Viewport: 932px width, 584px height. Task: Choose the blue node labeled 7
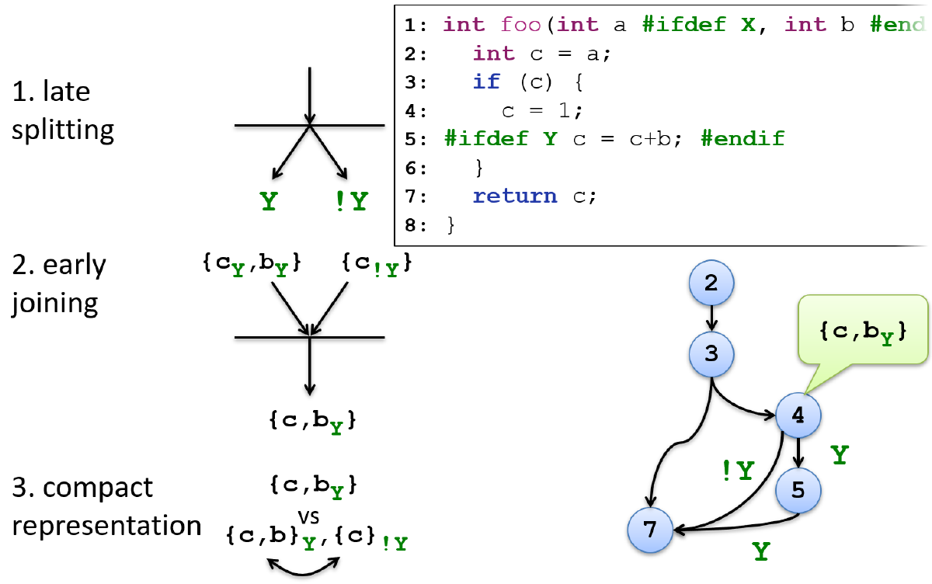(650, 530)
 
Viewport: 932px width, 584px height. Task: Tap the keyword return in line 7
(515, 196)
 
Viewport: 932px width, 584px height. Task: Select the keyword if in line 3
(486, 82)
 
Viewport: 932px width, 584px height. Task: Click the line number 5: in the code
(416, 139)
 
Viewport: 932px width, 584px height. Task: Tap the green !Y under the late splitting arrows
(350, 202)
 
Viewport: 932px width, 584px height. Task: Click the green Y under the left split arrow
(268, 202)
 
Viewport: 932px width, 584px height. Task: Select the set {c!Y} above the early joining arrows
(377, 265)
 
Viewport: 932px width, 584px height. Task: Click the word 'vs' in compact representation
(311, 516)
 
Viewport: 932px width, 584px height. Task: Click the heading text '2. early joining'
(59, 283)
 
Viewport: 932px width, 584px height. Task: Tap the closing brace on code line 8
(450, 225)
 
